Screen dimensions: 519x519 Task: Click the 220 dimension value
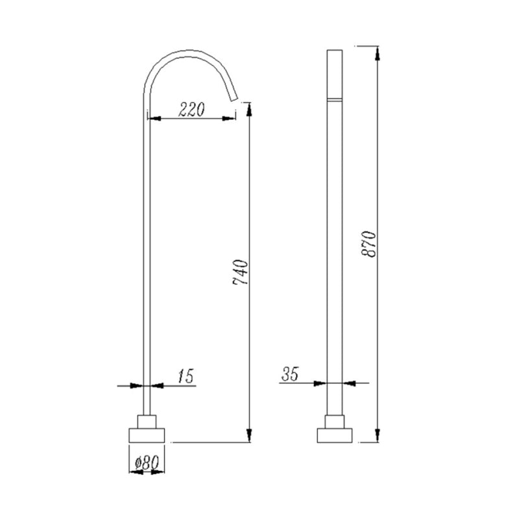click(191, 110)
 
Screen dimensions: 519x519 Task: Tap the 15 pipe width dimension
click(185, 376)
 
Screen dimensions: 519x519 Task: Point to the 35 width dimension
click(290, 374)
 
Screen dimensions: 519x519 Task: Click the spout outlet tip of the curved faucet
click(235, 99)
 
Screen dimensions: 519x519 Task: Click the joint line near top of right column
click(335, 99)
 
